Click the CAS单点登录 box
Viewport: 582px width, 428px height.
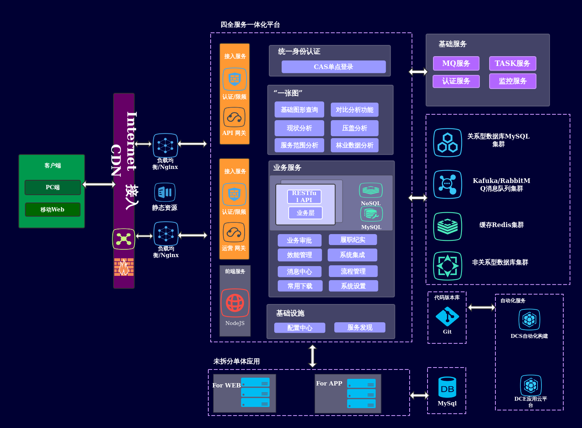pos(334,67)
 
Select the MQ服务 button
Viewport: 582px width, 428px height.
pos(456,63)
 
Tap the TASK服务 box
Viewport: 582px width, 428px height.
pos(513,63)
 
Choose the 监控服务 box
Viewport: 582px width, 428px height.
pos(513,81)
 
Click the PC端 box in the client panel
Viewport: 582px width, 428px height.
pos(53,187)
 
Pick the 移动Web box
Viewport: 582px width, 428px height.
pos(53,210)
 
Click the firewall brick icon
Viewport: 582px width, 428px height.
pos(124,267)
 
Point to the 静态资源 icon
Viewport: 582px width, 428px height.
pos(165,192)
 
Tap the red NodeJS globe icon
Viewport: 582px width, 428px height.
pos(235,303)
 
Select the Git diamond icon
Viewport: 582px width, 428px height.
pos(447,316)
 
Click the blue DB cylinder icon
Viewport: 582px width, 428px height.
pos(447,387)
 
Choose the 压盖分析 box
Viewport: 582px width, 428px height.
pos(355,128)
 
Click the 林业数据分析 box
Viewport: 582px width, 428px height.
pos(355,145)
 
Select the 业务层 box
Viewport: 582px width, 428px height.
pos(305,213)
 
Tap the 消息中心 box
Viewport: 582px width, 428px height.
pos(300,272)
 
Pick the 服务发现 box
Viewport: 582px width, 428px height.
pos(360,327)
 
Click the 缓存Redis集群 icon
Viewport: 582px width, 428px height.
pos(447,226)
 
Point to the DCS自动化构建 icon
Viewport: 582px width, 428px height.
pos(529,320)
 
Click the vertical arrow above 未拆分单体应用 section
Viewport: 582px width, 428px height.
pos(312,356)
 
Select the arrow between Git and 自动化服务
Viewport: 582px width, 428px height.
pos(481,307)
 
